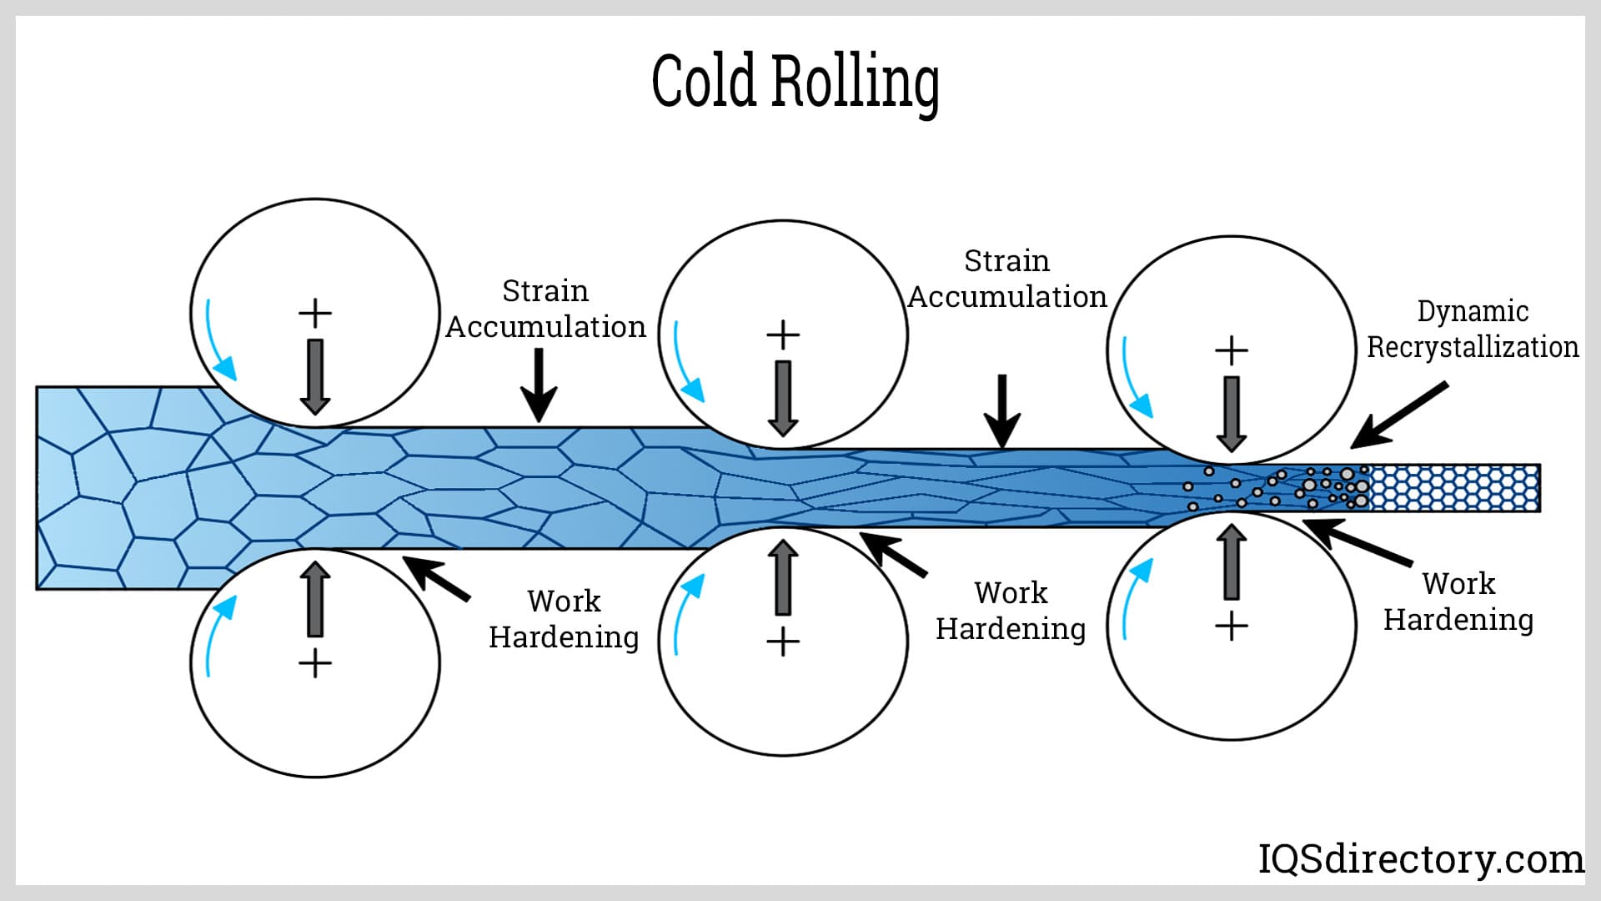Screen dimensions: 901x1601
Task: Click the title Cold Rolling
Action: coord(795,82)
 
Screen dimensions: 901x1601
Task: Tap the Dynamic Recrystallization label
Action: coord(1473,329)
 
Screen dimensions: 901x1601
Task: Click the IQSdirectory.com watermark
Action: coord(1421,858)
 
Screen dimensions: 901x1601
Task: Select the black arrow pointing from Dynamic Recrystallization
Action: coord(1398,415)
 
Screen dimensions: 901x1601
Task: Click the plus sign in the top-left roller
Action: coord(315,314)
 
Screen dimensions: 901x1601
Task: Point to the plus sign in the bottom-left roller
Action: coord(315,664)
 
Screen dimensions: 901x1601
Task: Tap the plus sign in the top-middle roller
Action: coord(783,335)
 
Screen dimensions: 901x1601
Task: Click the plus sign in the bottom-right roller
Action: coord(1232,626)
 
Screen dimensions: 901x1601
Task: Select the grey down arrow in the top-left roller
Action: coord(315,376)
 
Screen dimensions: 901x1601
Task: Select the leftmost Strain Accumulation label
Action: coord(545,309)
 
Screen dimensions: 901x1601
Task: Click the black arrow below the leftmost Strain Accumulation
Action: coord(540,385)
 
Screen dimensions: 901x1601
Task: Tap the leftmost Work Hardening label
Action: coord(564,619)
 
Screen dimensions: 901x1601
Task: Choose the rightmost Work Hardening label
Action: coord(1458,602)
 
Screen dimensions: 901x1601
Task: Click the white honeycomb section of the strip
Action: coord(1454,488)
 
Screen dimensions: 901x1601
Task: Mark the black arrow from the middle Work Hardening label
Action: coord(893,555)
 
